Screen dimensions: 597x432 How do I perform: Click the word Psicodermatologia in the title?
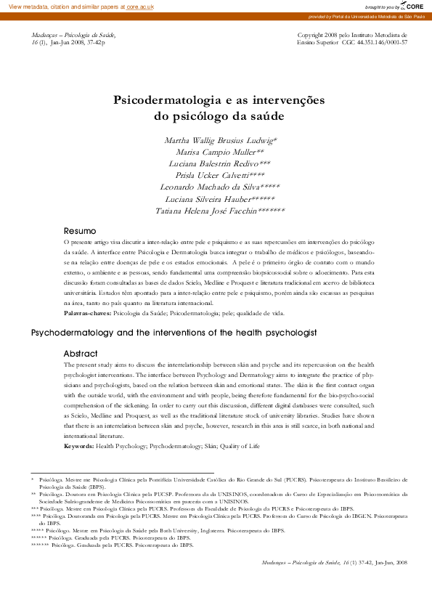tap(164, 100)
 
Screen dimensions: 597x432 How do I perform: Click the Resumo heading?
tap(81, 230)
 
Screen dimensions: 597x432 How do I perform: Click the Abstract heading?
tap(81, 353)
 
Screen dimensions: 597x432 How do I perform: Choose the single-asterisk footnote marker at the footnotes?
tap(33, 480)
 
